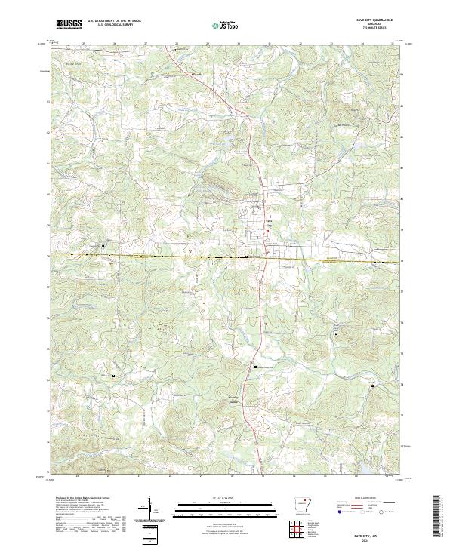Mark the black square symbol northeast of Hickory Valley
(x=254, y=367)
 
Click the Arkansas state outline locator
(x=300, y=504)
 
